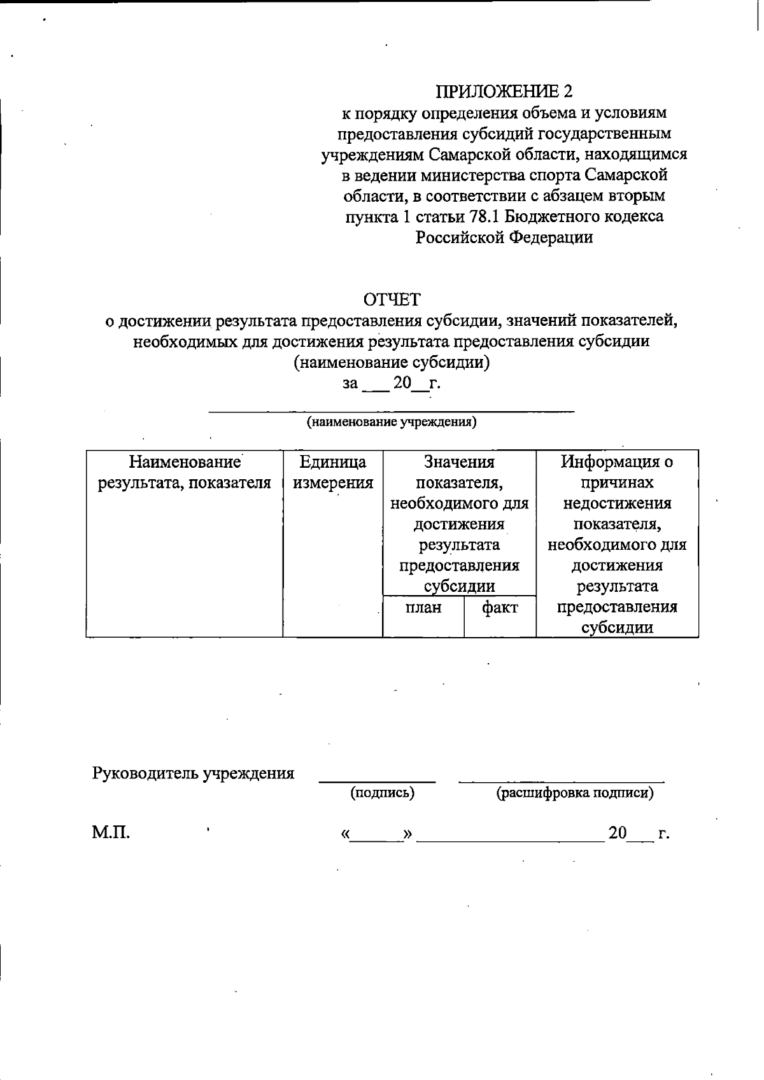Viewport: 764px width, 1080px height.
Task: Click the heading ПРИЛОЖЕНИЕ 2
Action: [504, 92]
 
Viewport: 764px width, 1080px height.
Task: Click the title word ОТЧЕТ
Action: [392, 299]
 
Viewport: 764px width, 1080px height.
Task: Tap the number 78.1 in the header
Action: [484, 216]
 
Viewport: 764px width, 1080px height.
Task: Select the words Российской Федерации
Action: [504, 237]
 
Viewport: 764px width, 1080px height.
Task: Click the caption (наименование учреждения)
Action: [392, 422]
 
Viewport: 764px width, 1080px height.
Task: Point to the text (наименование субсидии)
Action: [392, 362]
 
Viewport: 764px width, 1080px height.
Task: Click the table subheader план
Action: [423, 608]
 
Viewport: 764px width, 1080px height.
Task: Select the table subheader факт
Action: [500, 608]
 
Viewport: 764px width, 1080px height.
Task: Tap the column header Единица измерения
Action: [332, 472]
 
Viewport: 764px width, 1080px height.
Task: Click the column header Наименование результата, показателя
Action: [185, 472]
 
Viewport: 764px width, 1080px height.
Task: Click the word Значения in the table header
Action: [459, 461]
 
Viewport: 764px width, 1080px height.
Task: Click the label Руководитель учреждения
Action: [193, 773]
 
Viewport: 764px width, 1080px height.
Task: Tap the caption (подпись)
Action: [382, 793]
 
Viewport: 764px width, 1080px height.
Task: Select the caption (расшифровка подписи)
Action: [574, 793]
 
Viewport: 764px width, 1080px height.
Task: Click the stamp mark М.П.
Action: [111, 832]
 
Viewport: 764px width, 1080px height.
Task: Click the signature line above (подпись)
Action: [377, 780]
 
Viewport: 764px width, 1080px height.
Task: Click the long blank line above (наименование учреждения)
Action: [392, 412]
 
